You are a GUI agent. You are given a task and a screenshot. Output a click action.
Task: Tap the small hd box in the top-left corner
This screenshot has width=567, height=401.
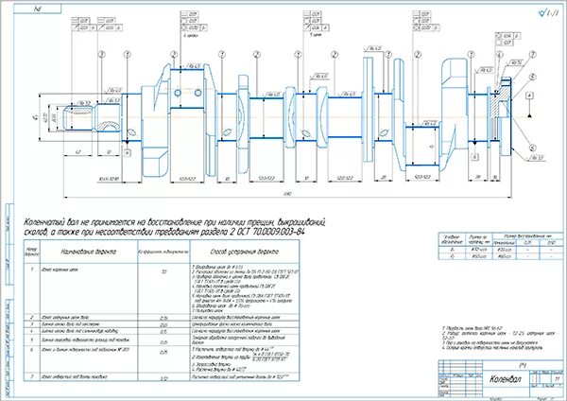(37, 7)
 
